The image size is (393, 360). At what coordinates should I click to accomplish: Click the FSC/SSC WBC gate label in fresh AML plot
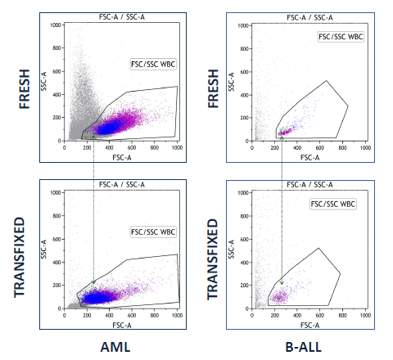153,63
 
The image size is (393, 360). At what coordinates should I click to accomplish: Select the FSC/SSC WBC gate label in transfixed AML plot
153,232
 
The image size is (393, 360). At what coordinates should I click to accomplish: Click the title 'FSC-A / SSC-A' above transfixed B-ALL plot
309,184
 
